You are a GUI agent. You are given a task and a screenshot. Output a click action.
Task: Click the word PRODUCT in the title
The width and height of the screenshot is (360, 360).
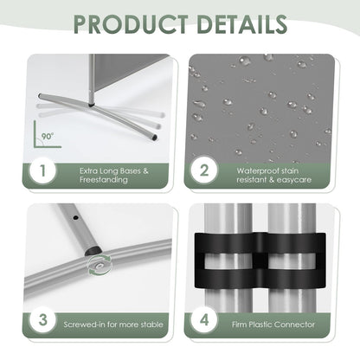[x=131, y=23]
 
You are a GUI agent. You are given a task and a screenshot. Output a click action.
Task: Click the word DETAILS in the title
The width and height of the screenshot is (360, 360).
[x=242, y=23]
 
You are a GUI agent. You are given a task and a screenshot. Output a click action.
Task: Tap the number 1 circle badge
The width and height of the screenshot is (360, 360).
[x=43, y=170]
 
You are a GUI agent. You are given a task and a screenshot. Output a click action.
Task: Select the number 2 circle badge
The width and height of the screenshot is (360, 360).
[x=204, y=170]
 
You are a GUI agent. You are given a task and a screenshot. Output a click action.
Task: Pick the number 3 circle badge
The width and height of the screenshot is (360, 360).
[x=43, y=320]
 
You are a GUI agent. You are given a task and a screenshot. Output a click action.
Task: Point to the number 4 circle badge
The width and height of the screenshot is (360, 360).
[x=204, y=320]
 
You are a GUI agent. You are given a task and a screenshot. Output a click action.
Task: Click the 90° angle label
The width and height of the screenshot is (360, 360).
[x=48, y=136]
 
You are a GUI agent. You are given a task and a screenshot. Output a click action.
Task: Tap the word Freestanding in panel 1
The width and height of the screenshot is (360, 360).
[x=104, y=180]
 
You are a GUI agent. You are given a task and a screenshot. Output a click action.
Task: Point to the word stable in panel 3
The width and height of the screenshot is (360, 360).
[x=151, y=325]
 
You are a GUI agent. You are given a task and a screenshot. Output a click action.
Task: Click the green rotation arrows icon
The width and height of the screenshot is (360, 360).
[x=100, y=266]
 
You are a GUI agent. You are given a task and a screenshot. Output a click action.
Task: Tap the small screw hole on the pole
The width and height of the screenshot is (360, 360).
[x=76, y=218]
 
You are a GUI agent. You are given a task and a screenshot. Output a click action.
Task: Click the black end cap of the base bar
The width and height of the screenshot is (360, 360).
[x=155, y=138]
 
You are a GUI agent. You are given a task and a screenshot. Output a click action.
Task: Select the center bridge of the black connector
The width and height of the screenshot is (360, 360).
[x=260, y=260]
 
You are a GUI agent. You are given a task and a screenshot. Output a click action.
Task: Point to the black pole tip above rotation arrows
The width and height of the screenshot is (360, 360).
[x=92, y=250]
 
